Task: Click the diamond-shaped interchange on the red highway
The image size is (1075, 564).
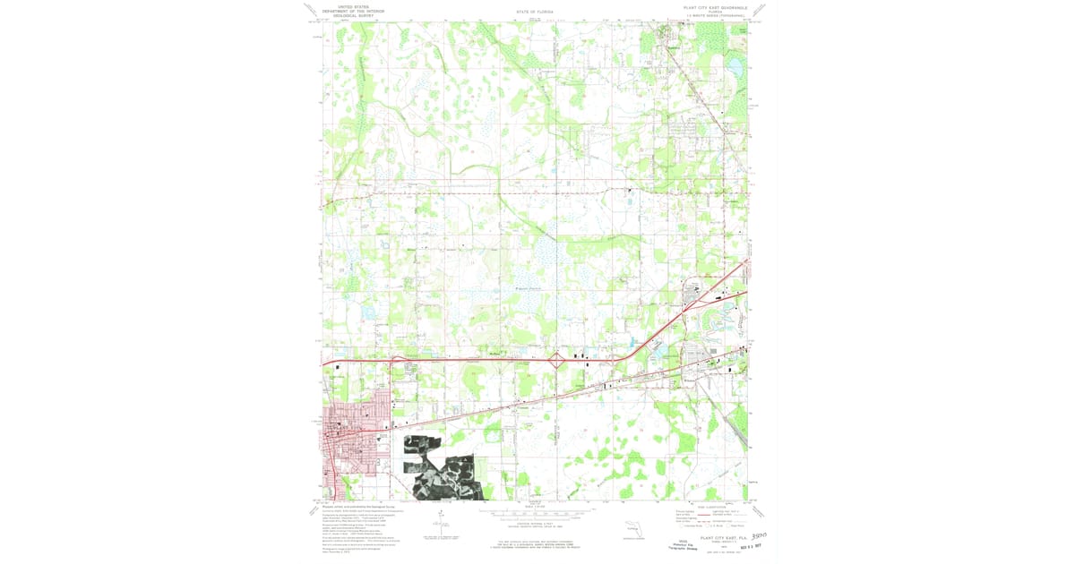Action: point(555,361)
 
